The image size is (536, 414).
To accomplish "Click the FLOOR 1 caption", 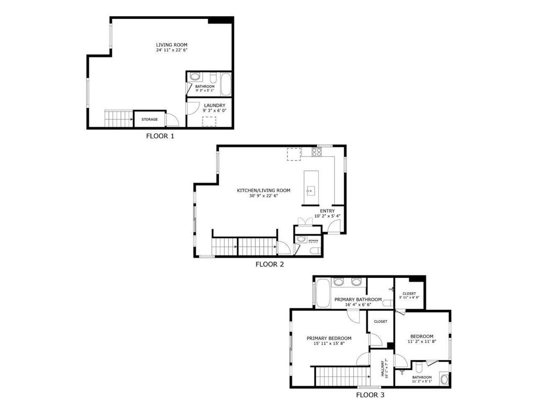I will tap(160, 136).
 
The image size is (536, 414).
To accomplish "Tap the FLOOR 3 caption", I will tap(370, 395).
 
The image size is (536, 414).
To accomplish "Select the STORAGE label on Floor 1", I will tap(149, 119).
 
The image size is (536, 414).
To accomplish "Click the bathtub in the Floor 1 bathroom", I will tap(226, 85).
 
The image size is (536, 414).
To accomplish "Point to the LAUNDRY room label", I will tap(215, 105).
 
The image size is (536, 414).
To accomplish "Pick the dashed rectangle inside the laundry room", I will tap(210, 122).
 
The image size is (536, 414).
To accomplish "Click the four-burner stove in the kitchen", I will tap(317, 152).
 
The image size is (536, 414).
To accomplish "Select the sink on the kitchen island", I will tap(310, 191).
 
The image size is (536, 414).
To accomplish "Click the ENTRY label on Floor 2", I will tap(328, 211).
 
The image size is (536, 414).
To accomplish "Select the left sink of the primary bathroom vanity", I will tap(339, 283).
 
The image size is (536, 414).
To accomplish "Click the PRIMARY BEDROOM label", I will tap(329, 338).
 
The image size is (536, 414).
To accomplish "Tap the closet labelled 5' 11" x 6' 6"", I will tap(409, 296).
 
